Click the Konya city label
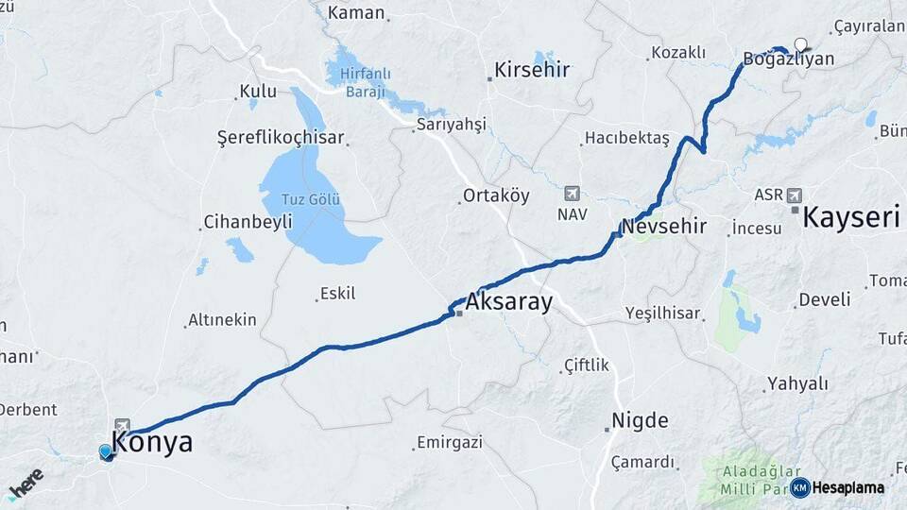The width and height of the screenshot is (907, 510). pos(152,442)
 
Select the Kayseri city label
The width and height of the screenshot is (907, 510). pos(849,218)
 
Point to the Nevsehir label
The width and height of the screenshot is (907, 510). pos(664,227)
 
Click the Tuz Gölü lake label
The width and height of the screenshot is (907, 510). pos(310,200)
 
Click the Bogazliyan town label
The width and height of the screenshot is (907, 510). pos(788,59)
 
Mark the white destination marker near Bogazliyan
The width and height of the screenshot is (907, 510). pos(802,43)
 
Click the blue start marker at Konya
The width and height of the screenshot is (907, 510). pos(106,452)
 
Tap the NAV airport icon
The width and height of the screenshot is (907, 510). pos(572,193)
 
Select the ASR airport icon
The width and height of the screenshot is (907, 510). pos(794,195)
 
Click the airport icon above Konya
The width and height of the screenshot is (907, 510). pos(122,426)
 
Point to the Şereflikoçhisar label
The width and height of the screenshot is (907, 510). pos(282,137)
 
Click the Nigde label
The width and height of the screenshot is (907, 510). pos(640,420)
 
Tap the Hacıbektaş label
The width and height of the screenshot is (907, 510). pos(627,138)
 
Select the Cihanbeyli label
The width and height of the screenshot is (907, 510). pos(242,223)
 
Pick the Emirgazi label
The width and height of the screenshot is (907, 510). pos(451,442)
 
